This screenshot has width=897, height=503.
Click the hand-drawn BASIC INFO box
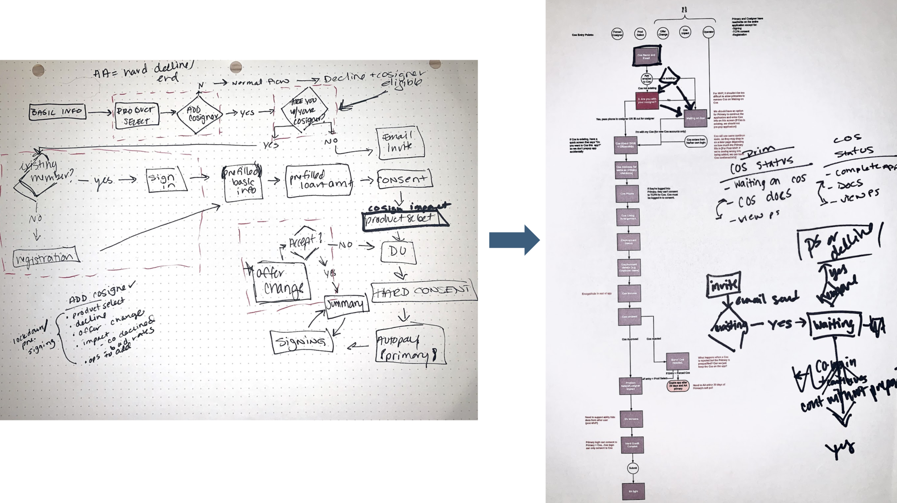57,112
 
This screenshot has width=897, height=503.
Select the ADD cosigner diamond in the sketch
199,114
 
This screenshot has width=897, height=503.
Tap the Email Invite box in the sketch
400,142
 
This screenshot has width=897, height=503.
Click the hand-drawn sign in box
166,179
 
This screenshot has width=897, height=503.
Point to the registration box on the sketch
45,257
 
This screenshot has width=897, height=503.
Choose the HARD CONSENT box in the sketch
423,292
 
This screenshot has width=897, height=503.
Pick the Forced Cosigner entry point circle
617,34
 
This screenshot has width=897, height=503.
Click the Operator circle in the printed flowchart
708,32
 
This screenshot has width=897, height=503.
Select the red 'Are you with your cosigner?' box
647,101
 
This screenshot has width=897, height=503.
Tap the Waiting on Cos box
695,118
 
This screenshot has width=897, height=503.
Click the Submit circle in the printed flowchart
633,468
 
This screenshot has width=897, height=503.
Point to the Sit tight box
633,491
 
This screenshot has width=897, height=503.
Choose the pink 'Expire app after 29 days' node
678,386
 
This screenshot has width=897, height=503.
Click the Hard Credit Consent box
632,445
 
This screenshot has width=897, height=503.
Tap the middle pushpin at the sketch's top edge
236,67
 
